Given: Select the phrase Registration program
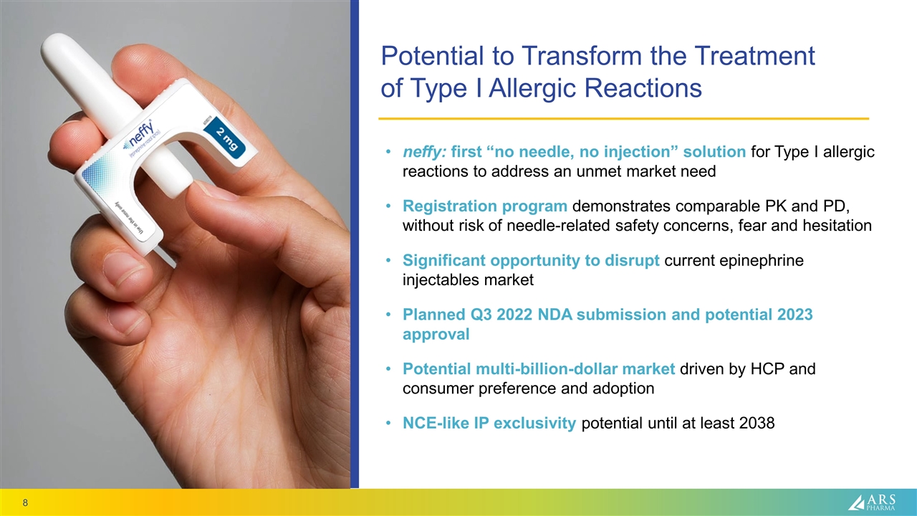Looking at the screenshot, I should (x=485, y=206).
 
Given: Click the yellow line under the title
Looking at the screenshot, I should (x=623, y=118).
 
